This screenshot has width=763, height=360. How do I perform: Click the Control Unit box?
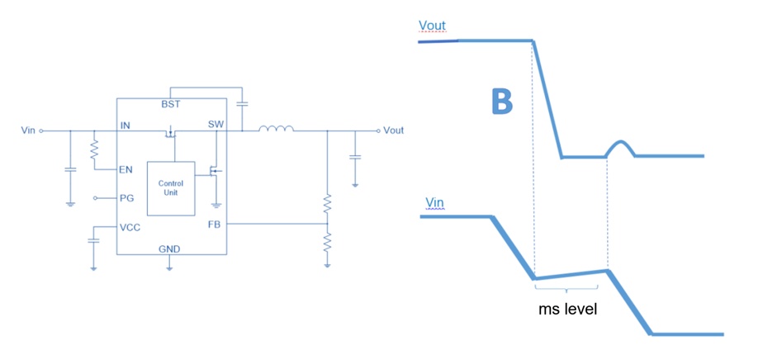[171, 188]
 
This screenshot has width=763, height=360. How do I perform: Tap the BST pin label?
[171, 104]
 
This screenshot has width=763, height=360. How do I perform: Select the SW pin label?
[216, 124]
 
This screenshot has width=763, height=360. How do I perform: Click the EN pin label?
[126, 170]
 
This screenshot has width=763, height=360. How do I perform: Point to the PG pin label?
[126, 198]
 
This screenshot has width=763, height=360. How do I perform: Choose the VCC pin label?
[130, 227]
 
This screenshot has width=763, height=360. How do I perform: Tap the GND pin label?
[169, 249]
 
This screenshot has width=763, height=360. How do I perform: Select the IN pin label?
[125, 125]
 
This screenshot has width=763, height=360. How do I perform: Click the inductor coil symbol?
[276, 129]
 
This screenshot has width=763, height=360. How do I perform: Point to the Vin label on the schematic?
[28, 130]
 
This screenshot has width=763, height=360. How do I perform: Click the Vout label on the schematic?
[393, 130]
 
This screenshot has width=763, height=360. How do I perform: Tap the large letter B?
[502, 102]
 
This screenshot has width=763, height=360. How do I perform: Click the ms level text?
[567, 309]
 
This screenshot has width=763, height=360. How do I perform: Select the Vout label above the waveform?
[432, 26]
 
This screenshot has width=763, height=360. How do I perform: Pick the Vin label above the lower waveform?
[435, 202]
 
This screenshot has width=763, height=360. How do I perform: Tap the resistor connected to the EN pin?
[94, 150]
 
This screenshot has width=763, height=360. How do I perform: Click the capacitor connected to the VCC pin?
[93, 240]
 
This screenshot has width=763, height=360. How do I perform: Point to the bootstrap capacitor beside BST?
[241, 104]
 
